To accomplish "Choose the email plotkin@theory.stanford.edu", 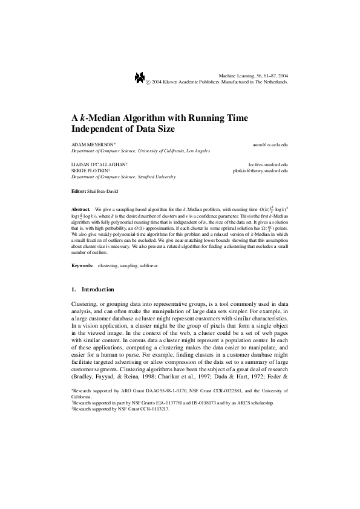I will pyautogui.click(x=260, y=170).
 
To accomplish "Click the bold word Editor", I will pyautogui.click(x=79, y=191).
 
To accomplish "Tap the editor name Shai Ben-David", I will pyautogui.click(x=101, y=191).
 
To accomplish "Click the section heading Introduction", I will pyautogui.click(x=97, y=290).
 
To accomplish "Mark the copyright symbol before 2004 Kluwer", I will pyautogui.click(x=149, y=80).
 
